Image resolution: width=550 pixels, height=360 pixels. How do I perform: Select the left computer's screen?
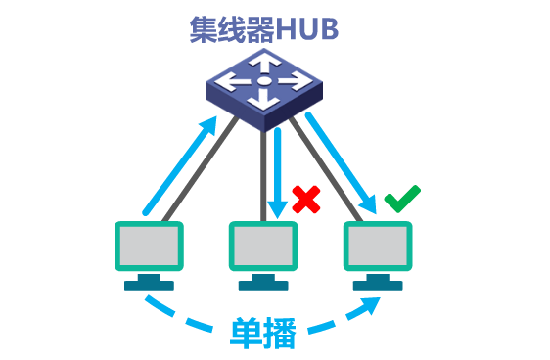coord(149,245)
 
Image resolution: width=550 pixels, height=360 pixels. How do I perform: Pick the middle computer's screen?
coord(263,245)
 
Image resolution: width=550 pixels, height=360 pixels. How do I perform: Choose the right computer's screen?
coord(377,245)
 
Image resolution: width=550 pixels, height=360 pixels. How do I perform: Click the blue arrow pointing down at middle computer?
coord(278,171)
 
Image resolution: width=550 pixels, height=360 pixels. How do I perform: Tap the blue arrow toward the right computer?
coord(342,162)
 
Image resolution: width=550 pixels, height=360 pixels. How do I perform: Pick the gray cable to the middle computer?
coord(263,176)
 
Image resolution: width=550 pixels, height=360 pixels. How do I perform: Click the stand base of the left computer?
coord(149,285)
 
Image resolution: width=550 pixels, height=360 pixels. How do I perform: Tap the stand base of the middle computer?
coord(263,285)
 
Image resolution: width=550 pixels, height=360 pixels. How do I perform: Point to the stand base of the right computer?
coord(377,285)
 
